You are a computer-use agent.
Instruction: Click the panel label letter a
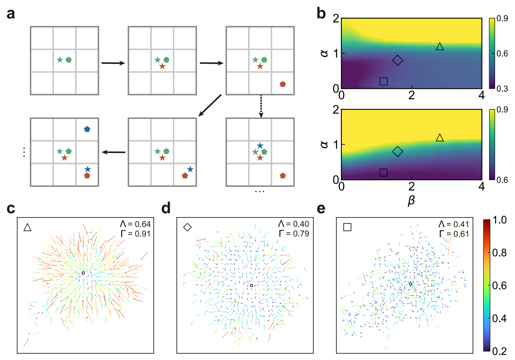pos(11,14)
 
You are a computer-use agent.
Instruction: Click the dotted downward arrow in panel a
pos(261,106)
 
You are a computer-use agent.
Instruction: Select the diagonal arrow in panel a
pos(210,105)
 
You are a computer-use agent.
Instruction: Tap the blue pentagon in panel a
pos(87,129)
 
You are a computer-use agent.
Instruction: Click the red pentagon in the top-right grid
pos(283,84)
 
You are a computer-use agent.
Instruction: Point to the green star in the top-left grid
pos(60,60)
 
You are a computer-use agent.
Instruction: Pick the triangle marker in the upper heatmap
pos(440,47)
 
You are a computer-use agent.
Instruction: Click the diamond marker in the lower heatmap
pos(398,151)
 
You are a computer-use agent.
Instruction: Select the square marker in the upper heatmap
pos(383,81)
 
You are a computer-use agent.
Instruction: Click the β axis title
pos(411,200)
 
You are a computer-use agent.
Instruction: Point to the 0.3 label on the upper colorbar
pos(502,89)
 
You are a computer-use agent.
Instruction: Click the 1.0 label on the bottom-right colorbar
pos(499,220)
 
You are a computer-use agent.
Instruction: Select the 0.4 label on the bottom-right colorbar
pos(499,318)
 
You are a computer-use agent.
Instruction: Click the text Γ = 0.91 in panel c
pos(135,234)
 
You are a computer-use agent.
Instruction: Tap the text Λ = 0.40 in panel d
pos(293,224)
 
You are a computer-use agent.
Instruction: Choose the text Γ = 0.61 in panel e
pos(454,234)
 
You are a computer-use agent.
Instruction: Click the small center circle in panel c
pos(83,273)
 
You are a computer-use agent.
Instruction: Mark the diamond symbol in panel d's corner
pos(187,227)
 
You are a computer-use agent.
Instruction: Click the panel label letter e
pos(321,208)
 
